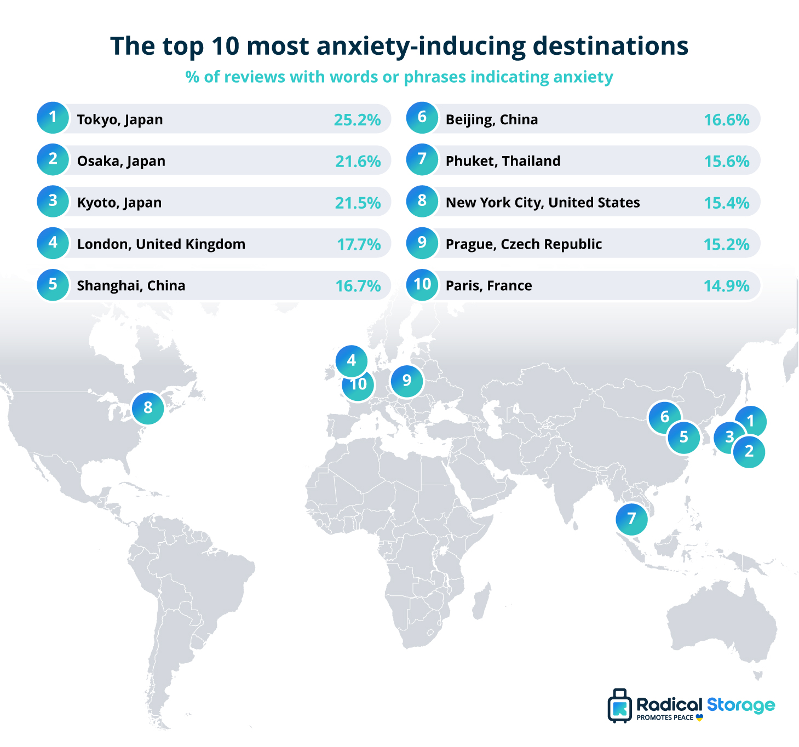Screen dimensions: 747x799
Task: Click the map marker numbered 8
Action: click(x=148, y=408)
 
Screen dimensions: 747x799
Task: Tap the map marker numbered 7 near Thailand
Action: click(x=632, y=519)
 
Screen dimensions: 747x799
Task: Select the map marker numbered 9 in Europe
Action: click(x=407, y=381)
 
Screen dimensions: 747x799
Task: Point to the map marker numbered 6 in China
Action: click(x=665, y=417)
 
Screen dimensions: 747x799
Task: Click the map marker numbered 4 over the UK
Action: click(x=352, y=361)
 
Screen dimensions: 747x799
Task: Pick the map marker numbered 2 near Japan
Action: click(x=749, y=452)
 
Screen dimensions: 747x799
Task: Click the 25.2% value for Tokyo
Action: click(x=357, y=119)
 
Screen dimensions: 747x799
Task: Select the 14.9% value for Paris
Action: click(x=726, y=286)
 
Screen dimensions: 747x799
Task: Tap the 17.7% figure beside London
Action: click(x=359, y=244)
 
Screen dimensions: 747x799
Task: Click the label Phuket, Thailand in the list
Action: click(x=503, y=161)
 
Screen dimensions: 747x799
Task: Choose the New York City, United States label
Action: click(x=542, y=203)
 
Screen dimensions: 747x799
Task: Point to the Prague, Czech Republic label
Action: click(x=524, y=244)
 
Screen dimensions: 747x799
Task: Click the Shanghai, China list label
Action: click(x=131, y=286)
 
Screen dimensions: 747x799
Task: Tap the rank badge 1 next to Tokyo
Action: click(x=53, y=117)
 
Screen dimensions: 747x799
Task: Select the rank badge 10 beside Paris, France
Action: click(x=422, y=285)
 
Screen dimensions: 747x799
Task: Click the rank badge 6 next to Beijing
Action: click(x=422, y=117)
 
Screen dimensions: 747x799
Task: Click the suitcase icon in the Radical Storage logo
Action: click(x=620, y=706)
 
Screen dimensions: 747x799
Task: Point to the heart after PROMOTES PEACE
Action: click(x=699, y=717)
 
